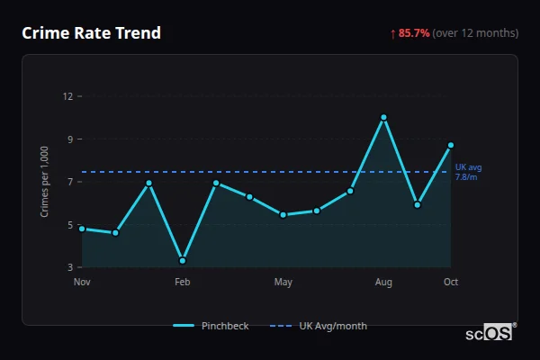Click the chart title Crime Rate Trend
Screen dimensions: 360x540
(x=91, y=33)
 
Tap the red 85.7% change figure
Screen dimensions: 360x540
(x=414, y=33)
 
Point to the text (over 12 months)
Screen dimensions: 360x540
(x=475, y=33)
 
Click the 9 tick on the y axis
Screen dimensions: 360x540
(x=70, y=139)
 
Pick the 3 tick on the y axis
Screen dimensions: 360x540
(x=70, y=267)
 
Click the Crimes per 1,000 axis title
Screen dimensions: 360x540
(x=45, y=182)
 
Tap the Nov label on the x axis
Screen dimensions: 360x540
(x=82, y=283)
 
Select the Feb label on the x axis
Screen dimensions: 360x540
(x=183, y=283)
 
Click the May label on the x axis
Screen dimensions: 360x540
(x=283, y=283)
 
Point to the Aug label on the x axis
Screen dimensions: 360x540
(x=383, y=283)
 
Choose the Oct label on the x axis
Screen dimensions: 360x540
(x=451, y=283)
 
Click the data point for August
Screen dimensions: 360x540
(x=383, y=117)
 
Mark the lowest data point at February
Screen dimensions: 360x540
(x=183, y=261)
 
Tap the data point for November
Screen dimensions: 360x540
(x=82, y=229)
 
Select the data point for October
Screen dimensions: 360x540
(x=451, y=145)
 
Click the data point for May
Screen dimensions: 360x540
(x=283, y=214)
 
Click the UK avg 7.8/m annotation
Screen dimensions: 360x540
(x=468, y=172)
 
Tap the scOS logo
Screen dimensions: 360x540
(x=490, y=333)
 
